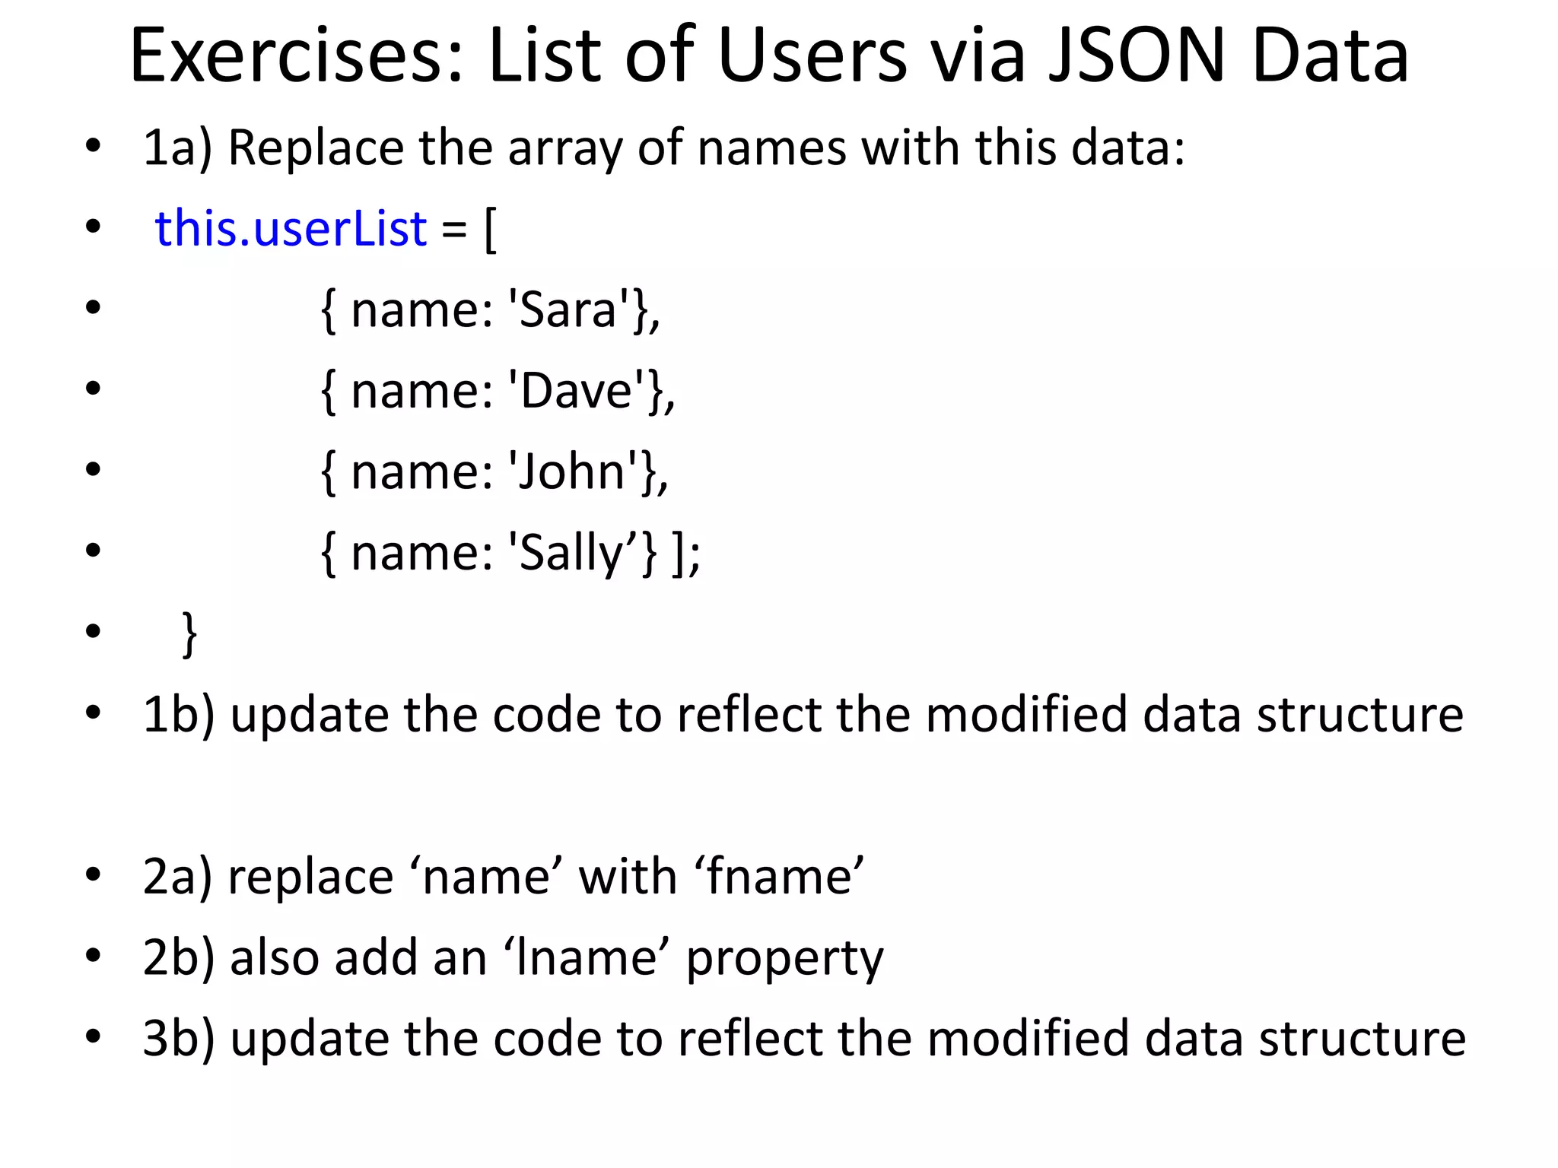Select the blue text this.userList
291,228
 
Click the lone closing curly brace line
189,633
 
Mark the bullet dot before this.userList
93,227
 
